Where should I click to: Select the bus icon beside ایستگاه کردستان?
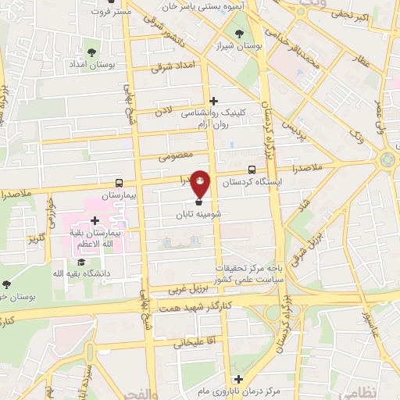252,170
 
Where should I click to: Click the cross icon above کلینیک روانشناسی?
213,100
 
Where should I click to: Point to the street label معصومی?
176,156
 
